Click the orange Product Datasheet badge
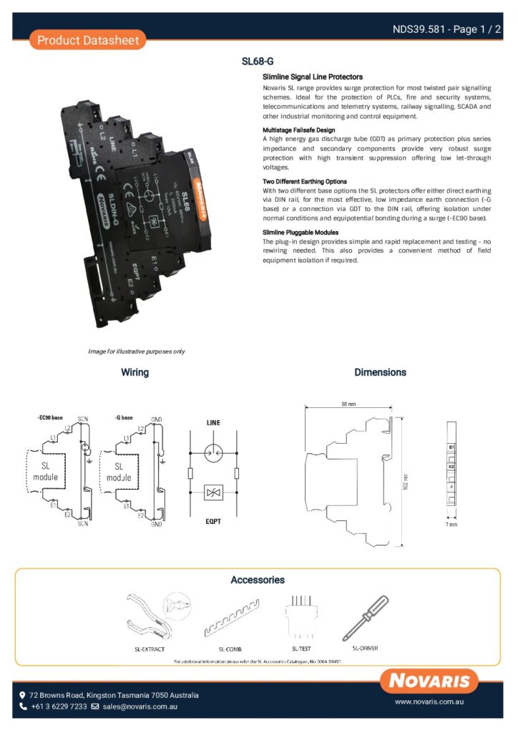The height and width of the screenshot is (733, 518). (88, 40)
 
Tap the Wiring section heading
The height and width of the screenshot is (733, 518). (135, 372)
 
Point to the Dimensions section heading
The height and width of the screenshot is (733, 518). (380, 372)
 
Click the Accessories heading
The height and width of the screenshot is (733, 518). (258, 580)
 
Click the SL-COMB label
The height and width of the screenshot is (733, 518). (233, 649)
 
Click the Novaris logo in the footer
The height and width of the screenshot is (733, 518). (429, 681)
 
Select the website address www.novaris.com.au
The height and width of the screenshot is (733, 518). (431, 702)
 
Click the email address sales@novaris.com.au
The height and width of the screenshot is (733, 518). (140, 707)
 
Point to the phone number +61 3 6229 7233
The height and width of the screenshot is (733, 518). (59, 707)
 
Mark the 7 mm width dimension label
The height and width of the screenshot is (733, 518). (451, 524)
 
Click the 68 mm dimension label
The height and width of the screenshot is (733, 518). (348, 404)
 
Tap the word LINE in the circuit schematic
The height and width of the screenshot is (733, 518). (214, 423)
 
